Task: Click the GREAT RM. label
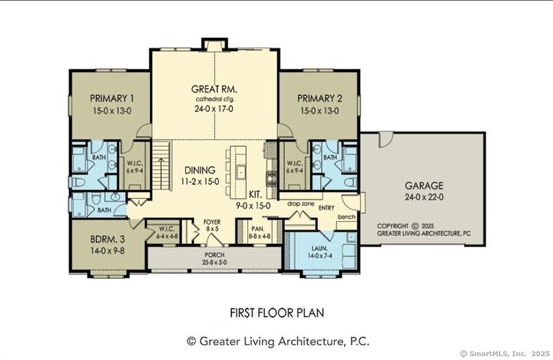pyautogui.click(x=213, y=88)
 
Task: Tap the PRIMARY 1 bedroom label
pyautogui.click(x=112, y=98)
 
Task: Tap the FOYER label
pyautogui.click(x=213, y=222)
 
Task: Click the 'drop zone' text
pyautogui.click(x=302, y=203)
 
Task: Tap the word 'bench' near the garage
pyautogui.click(x=346, y=217)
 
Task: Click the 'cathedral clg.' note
pyautogui.click(x=213, y=99)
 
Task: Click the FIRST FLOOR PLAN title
pyautogui.click(x=276, y=312)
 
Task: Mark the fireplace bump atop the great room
pyautogui.click(x=213, y=43)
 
